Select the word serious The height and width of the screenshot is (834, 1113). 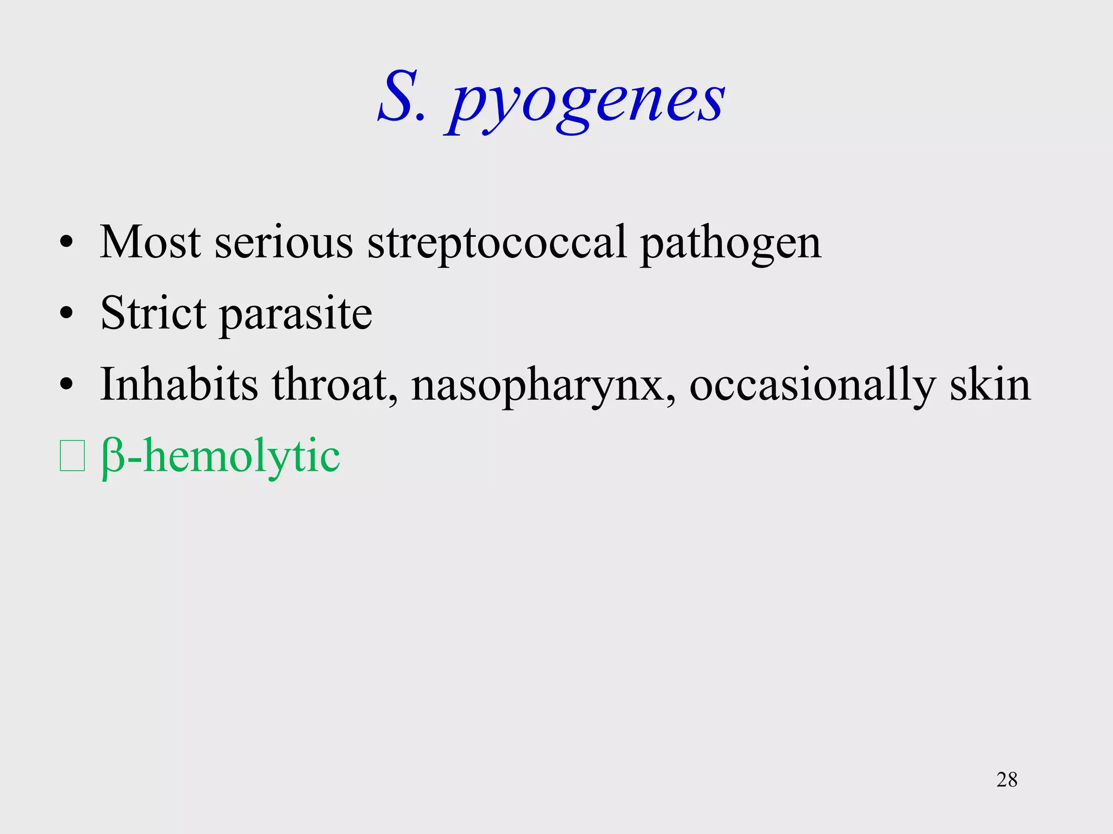[284, 243]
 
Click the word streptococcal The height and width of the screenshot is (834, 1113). [497, 243]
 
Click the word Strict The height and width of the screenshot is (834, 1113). [153, 313]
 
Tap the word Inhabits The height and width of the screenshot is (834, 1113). [179, 384]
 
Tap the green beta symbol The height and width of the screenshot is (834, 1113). [113, 458]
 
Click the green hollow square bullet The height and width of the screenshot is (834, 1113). [72, 456]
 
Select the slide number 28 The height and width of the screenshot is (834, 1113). [1006, 780]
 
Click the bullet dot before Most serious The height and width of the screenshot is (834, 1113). [66, 243]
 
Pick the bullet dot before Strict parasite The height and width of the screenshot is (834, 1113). [66, 314]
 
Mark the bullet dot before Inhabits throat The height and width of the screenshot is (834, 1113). [66, 385]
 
